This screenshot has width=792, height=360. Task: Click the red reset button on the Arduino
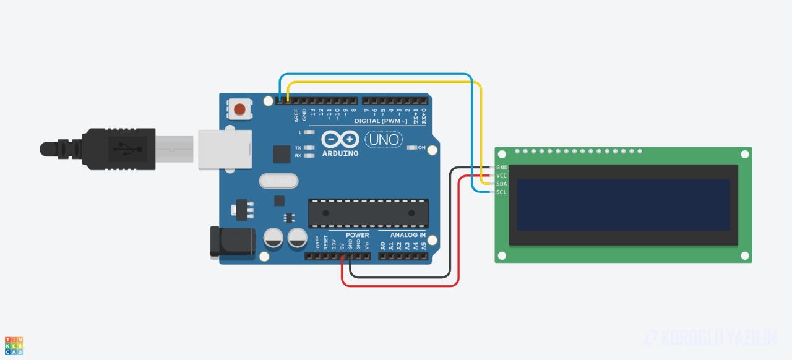tap(239, 110)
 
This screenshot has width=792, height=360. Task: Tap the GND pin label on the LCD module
tap(502, 168)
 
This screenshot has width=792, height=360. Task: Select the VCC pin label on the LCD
tap(502, 176)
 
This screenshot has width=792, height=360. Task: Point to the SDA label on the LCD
tap(502, 184)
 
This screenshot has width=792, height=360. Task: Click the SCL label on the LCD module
tap(502, 192)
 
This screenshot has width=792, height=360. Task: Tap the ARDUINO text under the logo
tap(340, 153)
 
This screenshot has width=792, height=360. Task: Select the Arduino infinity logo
tap(340, 140)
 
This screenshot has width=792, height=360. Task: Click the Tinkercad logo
tap(14, 346)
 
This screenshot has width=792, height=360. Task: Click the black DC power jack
tap(232, 241)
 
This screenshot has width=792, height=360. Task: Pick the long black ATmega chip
tap(368, 213)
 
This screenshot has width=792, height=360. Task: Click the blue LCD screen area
tap(623, 205)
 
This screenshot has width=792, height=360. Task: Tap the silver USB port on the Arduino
tap(225, 149)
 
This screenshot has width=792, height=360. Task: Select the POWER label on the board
tap(357, 235)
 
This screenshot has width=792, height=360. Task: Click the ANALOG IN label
tap(408, 235)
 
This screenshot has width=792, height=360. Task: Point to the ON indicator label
tap(422, 148)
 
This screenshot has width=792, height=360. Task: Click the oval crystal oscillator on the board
tap(278, 181)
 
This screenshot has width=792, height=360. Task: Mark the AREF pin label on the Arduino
tap(296, 115)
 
